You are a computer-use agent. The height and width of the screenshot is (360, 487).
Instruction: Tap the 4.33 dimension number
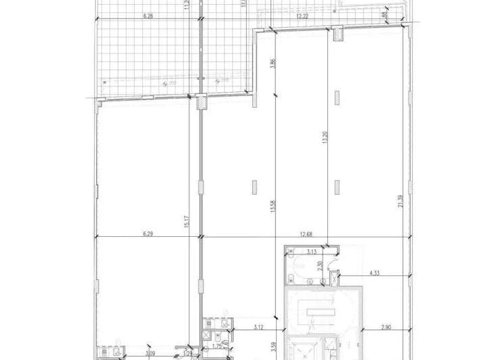(x=376, y=273)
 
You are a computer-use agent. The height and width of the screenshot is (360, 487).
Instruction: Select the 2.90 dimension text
(x=386, y=328)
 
